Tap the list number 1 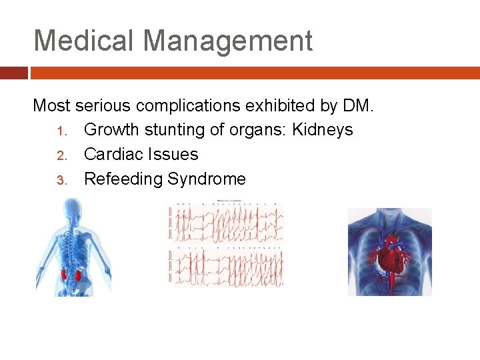(59, 130)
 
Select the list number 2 (59, 155)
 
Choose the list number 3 (59, 179)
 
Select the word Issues (175, 154)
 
